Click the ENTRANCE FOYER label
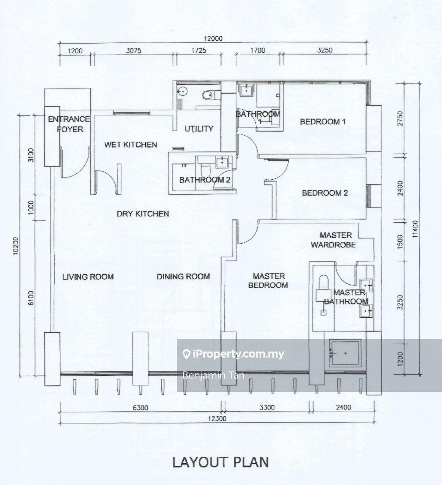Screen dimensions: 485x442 [x=66, y=124]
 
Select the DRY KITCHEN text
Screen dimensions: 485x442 [x=142, y=214]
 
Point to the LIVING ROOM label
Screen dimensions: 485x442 [x=88, y=277]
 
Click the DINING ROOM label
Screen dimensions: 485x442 [x=183, y=277]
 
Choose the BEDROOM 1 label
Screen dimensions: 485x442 [x=323, y=122]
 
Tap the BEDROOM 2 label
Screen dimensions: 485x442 [x=325, y=193]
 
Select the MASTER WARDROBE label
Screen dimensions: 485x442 [x=335, y=240]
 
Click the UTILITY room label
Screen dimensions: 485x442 [x=199, y=128]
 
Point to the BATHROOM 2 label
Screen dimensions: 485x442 [x=205, y=180]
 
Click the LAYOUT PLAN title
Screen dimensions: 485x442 [x=221, y=462]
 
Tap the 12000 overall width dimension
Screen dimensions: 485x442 [x=213, y=39]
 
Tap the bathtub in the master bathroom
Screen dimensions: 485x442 [x=344, y=353]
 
